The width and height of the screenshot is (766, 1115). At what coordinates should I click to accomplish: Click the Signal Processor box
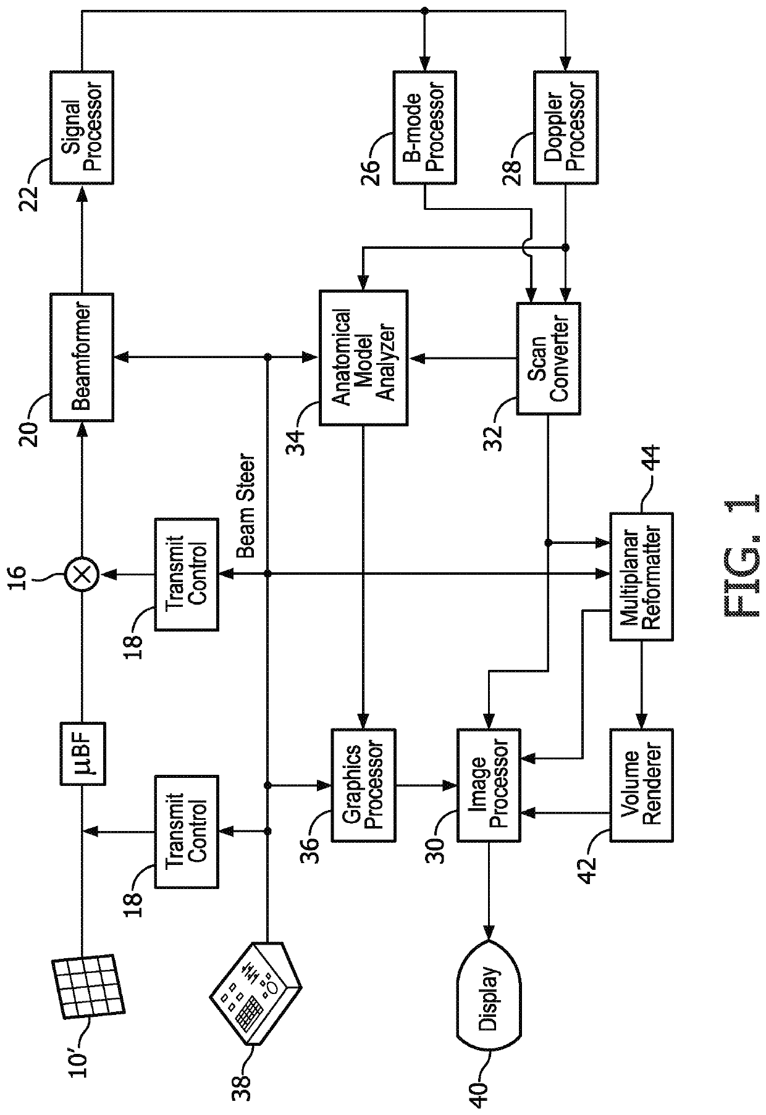pos(82,127)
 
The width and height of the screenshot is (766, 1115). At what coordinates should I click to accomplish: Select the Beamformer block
pos(82,357)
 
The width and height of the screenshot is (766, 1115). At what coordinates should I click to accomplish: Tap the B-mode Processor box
pos(425,127)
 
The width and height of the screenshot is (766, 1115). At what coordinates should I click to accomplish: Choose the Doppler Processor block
pos(565,127)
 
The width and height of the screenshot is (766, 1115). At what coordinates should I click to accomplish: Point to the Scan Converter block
pos(548,357)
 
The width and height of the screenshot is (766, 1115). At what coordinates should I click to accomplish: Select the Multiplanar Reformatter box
pos(641,576)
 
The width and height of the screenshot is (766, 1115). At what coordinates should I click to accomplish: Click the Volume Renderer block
pos(641,785)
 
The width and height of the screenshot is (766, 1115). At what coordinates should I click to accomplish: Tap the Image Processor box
pos(489,785)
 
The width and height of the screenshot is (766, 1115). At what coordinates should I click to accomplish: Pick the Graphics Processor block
pos(363,785)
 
